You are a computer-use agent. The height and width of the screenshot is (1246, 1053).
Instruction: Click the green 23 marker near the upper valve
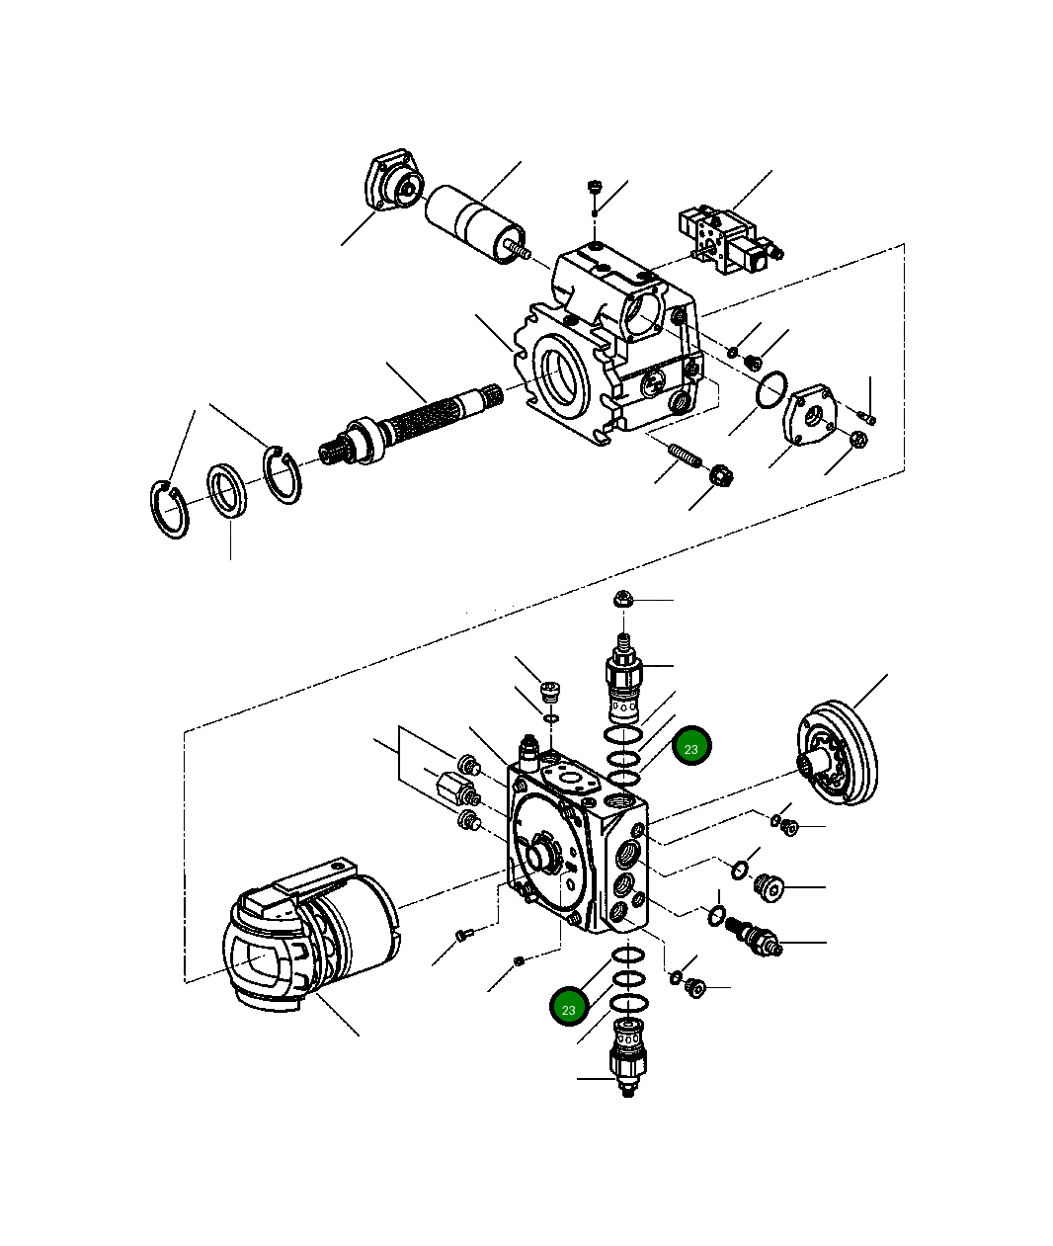691,748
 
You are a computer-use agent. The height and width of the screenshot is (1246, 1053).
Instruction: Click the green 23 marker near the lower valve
569,1008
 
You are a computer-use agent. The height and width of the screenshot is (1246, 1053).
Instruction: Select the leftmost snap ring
170,509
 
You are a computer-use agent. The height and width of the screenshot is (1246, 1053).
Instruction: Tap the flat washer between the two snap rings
229,489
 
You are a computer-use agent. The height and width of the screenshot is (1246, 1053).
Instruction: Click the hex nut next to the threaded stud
722,477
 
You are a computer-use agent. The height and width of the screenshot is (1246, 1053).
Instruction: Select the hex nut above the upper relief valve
623,599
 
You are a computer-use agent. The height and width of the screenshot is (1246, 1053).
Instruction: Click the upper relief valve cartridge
622,682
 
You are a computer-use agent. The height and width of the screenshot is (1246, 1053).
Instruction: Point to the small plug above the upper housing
595,187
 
